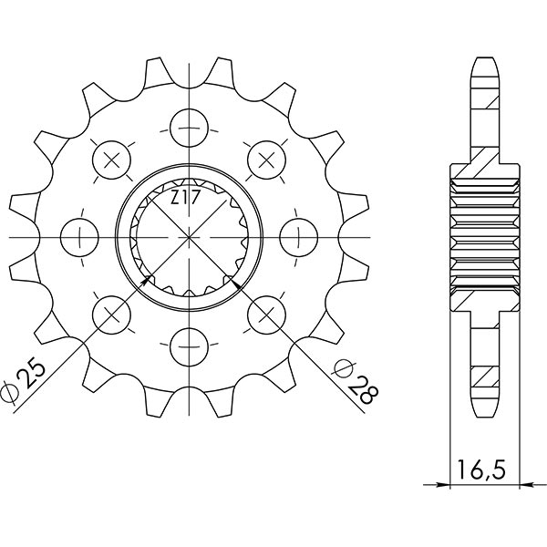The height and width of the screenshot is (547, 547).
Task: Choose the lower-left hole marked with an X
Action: pyautogui.click(x=113, y=313)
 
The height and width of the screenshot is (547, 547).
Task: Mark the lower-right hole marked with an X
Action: pyautogui.click(x=265, y=313)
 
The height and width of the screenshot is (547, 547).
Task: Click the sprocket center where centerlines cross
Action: pyautogui.click(x=189, y=237)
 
